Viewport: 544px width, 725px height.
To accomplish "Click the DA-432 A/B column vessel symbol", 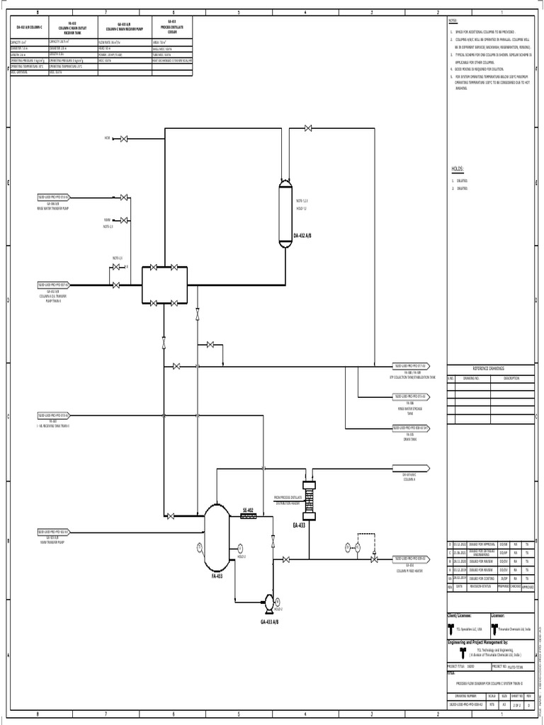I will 285,214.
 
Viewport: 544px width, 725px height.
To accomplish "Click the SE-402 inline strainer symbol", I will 249,516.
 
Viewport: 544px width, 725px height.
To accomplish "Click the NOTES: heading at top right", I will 455,23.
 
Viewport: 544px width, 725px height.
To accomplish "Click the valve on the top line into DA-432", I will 308,128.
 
